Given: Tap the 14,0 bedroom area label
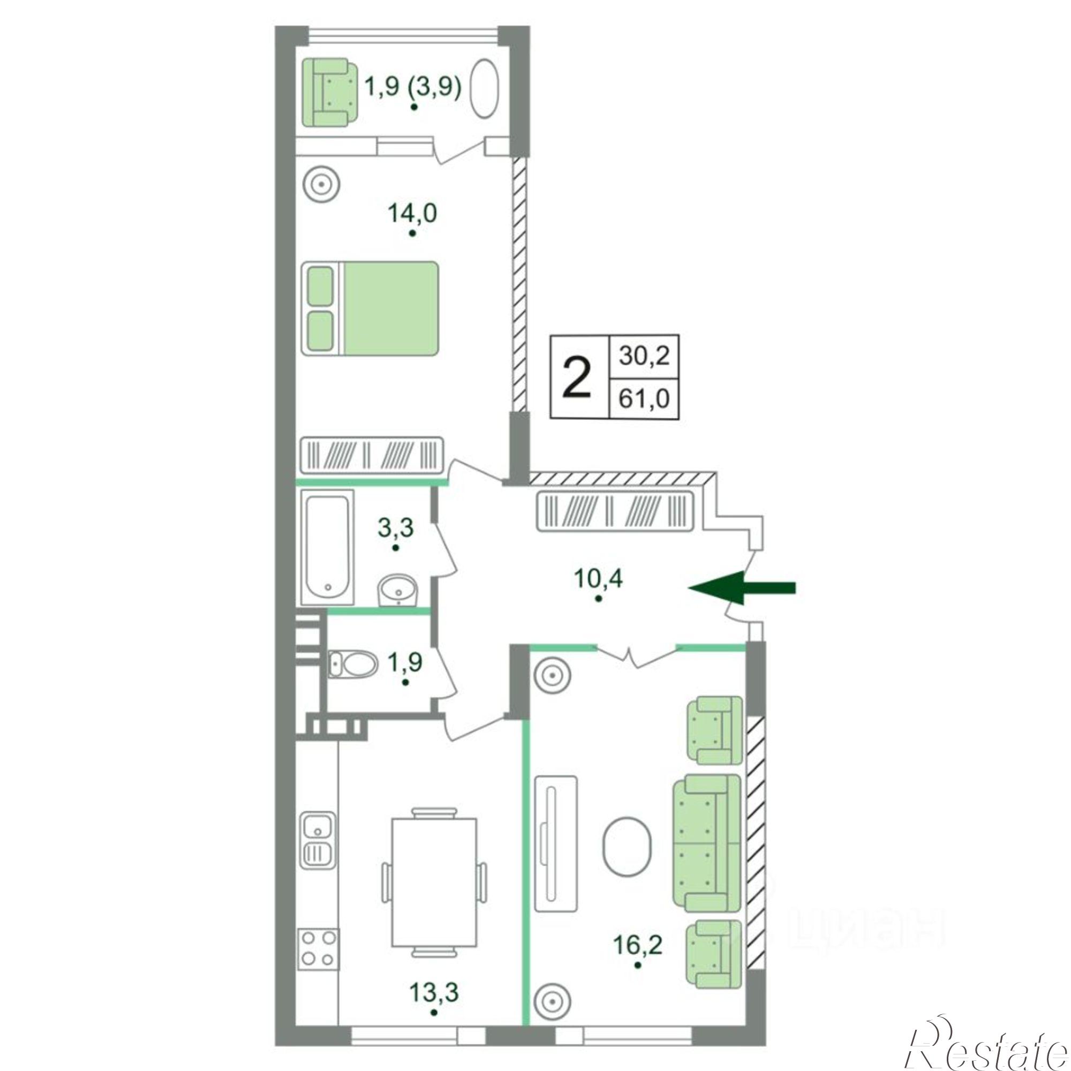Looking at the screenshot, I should pos(412,213).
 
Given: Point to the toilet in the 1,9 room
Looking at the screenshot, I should pos(351,663).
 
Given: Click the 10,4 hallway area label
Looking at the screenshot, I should pos(599,579).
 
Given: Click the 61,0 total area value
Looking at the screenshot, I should pos(644,398).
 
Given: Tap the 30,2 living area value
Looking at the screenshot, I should pos(644,357).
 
